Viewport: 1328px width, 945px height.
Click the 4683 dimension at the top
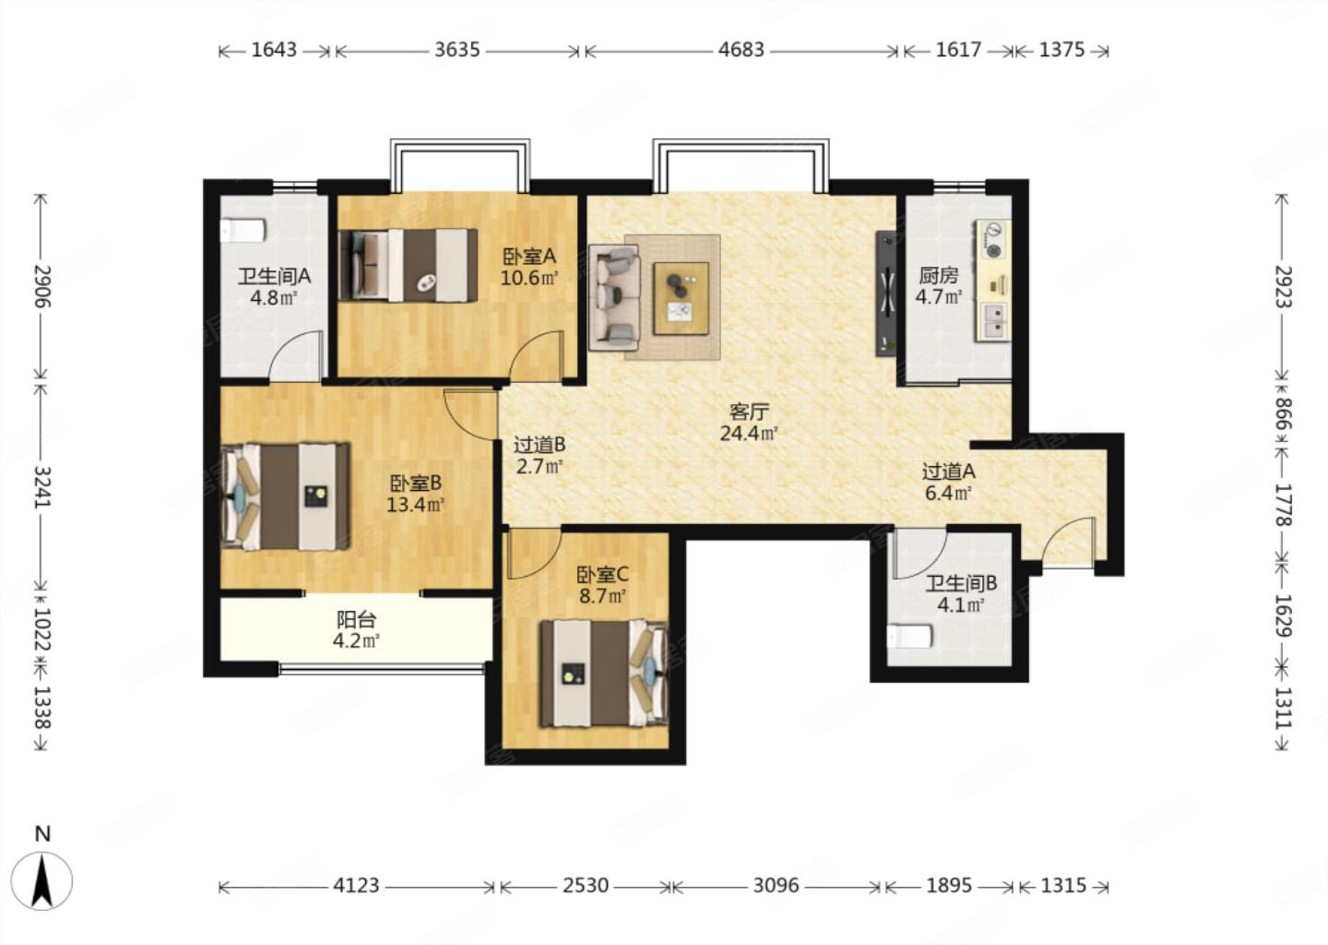tap(741, 50)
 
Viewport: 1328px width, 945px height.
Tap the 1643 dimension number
tap(274, 50)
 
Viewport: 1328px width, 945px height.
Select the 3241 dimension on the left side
tap(42, 487)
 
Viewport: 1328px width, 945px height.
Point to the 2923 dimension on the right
tap(1283, 286)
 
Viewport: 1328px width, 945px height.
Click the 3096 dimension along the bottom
tap(777, 886)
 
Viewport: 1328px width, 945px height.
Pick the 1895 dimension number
tap(949, 886)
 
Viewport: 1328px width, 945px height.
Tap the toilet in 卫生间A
tap(243, 230)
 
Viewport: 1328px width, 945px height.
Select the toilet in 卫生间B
tap(909, 637)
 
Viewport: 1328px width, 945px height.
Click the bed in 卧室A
tap(409, 265)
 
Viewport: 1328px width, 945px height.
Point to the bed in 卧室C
tap(604, 674)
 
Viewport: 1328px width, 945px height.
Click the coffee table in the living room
tap(682, 299)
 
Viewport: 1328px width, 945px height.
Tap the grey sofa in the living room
tap(615, 298)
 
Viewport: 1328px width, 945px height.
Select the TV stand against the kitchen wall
tap(886, 293)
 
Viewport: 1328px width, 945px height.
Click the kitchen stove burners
tap(993, 240)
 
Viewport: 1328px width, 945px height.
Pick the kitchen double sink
tap(993, 321)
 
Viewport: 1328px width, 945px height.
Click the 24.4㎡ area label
tap(749, 434)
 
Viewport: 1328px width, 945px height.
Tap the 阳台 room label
tap(356, 620)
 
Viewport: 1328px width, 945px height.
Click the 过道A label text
tap(949, 472)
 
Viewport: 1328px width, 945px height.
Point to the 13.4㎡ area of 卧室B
tap(416, 505)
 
